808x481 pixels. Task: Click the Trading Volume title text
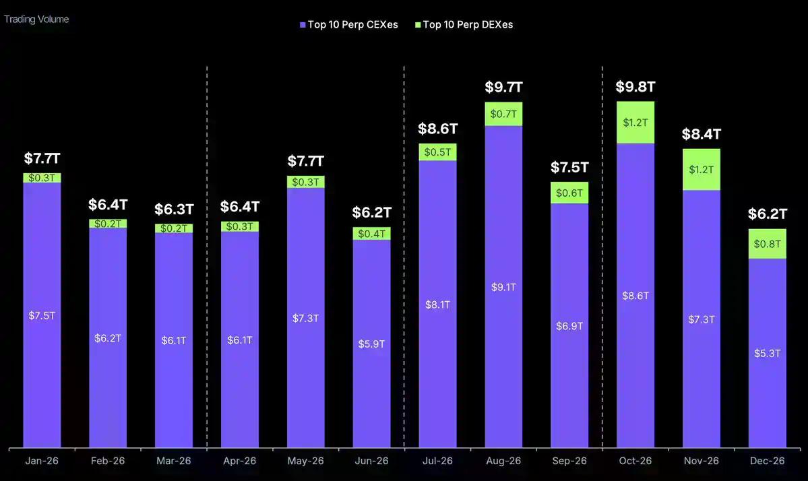[36, 19]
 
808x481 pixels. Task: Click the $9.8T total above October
[635, 87]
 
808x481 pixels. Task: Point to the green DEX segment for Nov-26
[702, 170]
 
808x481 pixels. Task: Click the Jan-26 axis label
[42, 461]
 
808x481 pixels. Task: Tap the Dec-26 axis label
[768, 461]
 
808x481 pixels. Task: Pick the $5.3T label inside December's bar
[768, 353]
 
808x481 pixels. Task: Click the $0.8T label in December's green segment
[768, 244]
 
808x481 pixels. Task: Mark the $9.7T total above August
[503, 87]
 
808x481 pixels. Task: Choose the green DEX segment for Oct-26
[635, 123]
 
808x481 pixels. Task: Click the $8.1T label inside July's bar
[437, 304]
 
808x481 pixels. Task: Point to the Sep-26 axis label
[569, 461]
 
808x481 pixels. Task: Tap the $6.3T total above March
[174, 209]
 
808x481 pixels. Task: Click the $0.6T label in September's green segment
[569, 193]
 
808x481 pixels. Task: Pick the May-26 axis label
[305, 461]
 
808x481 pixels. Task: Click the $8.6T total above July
[437, 129]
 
